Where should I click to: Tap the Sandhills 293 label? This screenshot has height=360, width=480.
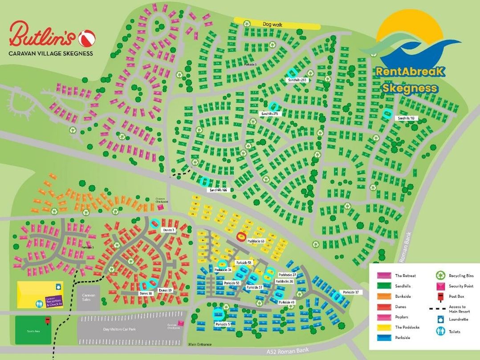coord(298,80)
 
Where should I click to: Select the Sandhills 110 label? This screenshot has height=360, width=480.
coord(406,118)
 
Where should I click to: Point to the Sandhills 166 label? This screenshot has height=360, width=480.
coord(218,190)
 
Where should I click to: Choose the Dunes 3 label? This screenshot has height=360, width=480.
coord(168,230)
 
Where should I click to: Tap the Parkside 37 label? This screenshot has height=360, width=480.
coord(350,292)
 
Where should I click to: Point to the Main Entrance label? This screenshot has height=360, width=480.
coord(199,344)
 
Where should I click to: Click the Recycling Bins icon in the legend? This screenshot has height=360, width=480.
coord(440,276)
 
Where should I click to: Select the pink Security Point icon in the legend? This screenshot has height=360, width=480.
coord(440,286)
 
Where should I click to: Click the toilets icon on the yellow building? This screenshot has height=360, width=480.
coord(39,304)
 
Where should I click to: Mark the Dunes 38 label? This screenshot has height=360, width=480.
coord(146,293)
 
